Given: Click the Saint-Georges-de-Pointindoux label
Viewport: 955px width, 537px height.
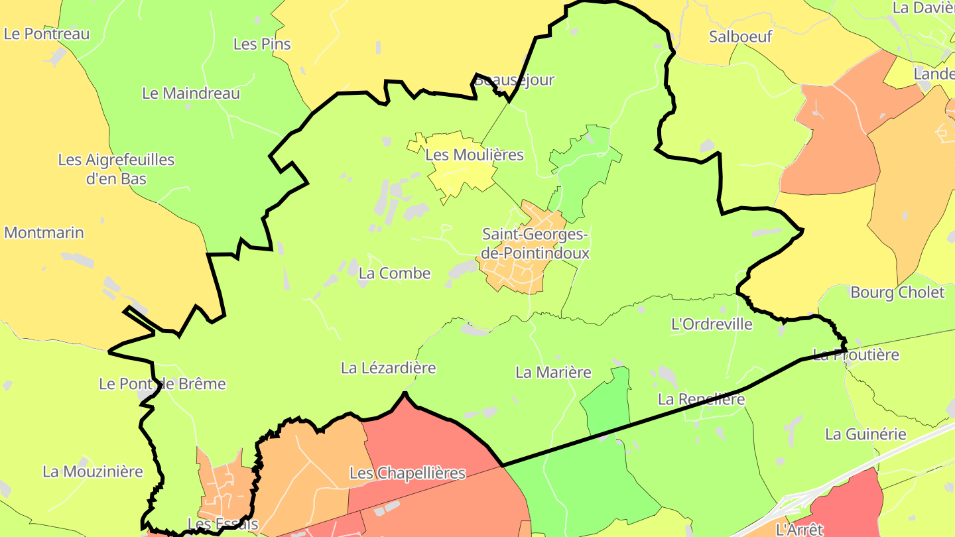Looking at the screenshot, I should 535,243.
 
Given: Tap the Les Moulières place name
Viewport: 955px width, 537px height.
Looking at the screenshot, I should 474,155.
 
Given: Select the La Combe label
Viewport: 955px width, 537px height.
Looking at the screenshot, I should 394,273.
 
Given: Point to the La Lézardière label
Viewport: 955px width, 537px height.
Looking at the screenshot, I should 388,367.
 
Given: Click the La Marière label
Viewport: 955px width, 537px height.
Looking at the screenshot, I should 553,373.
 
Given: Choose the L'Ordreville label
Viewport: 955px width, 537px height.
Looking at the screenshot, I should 712,324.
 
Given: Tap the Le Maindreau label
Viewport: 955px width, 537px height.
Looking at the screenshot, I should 191,93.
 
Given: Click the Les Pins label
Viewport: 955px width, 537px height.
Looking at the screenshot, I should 262,44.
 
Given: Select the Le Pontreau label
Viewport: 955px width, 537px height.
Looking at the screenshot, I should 46,34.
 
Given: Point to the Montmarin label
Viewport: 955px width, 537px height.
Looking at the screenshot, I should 44,233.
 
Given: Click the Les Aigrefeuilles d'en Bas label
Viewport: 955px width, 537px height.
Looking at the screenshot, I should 116,169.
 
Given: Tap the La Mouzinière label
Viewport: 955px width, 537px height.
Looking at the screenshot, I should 93,471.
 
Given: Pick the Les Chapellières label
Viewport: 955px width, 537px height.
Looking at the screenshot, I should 407,473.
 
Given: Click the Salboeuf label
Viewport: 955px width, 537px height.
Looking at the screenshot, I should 740,36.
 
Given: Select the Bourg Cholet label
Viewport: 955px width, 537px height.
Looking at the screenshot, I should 897,292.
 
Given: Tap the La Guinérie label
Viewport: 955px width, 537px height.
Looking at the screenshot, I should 865,434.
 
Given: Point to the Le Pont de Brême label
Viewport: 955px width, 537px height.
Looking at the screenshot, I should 162,384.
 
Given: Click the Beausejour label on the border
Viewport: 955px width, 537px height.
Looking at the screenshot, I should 514,80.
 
